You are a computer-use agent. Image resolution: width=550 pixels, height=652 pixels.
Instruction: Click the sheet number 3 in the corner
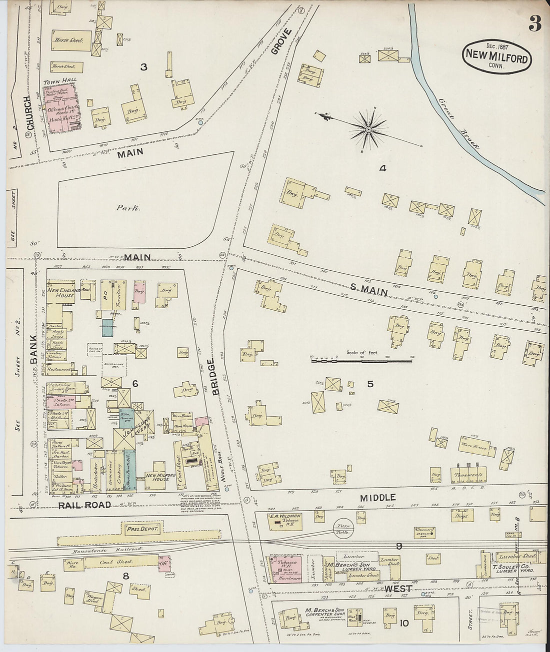535,23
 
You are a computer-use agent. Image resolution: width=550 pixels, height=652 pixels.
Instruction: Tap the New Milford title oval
496,56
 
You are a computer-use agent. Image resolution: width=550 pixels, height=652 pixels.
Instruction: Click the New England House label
61,292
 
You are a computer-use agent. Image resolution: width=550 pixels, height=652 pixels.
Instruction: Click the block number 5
370,384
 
